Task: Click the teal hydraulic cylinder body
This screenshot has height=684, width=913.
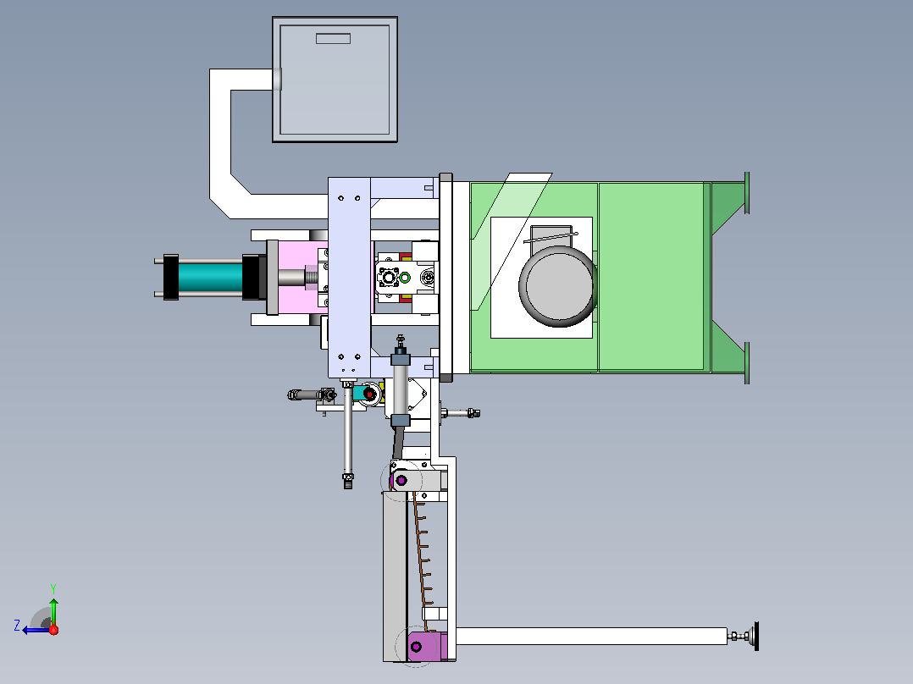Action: [210, 278]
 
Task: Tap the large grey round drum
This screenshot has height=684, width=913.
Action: [558, 286]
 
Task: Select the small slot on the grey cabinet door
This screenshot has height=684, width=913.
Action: [333, 38]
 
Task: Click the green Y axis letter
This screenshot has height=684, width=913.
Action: [53, 588]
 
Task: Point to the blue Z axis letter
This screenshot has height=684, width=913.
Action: [17, 626]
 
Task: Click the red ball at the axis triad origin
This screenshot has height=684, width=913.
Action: [53, 630]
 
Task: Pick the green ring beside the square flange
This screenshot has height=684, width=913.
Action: [405, 279]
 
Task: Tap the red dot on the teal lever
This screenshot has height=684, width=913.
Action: [368, 394]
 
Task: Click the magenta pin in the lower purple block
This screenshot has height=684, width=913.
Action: [416, 647]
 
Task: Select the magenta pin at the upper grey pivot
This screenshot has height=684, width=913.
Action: [401, 481]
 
